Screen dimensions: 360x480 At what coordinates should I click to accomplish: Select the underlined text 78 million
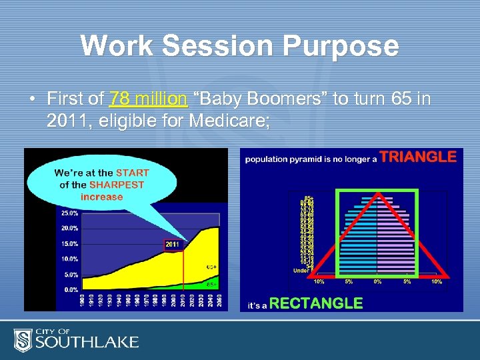click(x=147, y=99)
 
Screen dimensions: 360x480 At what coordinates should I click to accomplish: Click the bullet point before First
click(x=32, y=99)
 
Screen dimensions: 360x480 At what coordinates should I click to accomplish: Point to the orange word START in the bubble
click(x=132, y=173)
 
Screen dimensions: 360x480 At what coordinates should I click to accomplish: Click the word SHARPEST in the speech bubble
click(x=117, y=185)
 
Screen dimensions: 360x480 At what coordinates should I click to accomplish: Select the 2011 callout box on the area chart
click(x=172, y=244)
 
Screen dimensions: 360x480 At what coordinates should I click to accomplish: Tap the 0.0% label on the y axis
click(x=69, y=289)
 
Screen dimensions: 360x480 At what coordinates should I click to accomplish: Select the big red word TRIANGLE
click(x=418, y=157)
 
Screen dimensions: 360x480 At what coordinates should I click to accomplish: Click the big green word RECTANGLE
click(x=316, y=303)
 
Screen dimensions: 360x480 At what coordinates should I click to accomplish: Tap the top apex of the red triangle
click(x=377, y=193)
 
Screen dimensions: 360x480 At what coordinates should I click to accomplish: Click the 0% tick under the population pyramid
click(x=377, y=281)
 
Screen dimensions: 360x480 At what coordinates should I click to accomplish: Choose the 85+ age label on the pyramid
click(x=308, y=197)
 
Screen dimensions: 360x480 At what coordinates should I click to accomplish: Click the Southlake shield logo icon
click(x=23, y=340)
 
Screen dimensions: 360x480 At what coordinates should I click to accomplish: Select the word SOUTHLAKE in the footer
click(x=87, y=343)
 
